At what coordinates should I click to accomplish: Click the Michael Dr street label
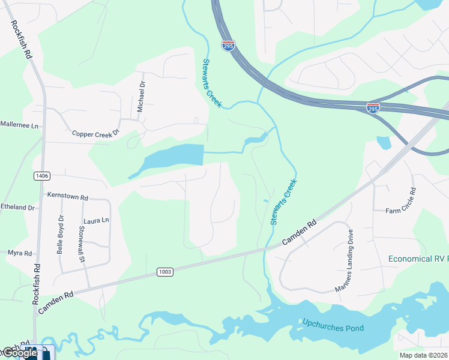(x=142, y=97)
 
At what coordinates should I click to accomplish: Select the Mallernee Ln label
(x=19, y=125)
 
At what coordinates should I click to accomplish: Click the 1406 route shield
(x=42, y=176)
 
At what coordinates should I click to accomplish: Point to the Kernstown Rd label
(x=68, y=197)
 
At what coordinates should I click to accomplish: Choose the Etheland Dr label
(x=18, y=207)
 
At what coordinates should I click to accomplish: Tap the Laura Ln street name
(x=97, y=220)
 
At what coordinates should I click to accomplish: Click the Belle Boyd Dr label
(x=60, y=235)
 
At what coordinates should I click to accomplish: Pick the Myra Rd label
(x=20, y=253)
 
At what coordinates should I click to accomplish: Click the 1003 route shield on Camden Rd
(x=166, y=272)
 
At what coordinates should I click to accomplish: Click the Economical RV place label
(x=418, y=259)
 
